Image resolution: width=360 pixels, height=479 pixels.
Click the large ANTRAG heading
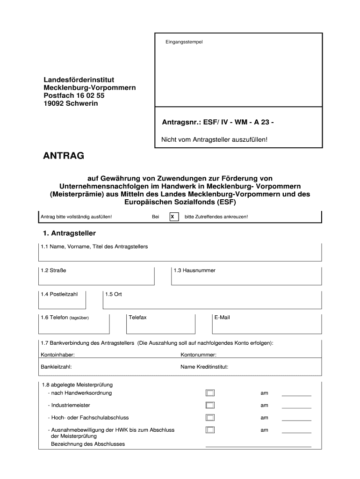tap(64, 156)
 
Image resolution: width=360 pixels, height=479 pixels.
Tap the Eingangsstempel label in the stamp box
tap(184, 42)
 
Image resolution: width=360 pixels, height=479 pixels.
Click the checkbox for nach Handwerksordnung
tap(210, 393)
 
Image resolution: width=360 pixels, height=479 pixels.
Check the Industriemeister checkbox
tap(210, 405)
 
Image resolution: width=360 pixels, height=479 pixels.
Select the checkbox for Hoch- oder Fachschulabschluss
tap(210, 418)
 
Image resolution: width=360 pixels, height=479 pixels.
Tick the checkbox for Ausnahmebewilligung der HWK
tap(210, 430)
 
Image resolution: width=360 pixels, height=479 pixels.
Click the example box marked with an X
tap(173, 217)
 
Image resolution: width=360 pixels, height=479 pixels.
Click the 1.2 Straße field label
tap(50, 270)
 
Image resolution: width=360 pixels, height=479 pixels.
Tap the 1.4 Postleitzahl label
tap(59, 294)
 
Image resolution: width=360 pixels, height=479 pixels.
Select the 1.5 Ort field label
tap(114, 294)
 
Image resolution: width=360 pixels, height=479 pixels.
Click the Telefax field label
tap(137, 318)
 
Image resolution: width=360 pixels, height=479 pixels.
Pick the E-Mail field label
tap(222, 318)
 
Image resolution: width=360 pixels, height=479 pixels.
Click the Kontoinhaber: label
tap(58, 355)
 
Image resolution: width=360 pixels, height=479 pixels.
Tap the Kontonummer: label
tap(198, 355)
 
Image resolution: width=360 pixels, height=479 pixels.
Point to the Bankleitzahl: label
tap(57, 367)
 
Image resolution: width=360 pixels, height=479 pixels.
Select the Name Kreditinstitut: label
tap(204, 367)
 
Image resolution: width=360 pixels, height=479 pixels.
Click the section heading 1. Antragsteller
tap(69, 233)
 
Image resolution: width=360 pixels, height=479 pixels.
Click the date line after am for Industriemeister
tap(296, 407)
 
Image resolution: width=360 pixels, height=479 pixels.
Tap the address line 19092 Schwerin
tap(71, 103)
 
